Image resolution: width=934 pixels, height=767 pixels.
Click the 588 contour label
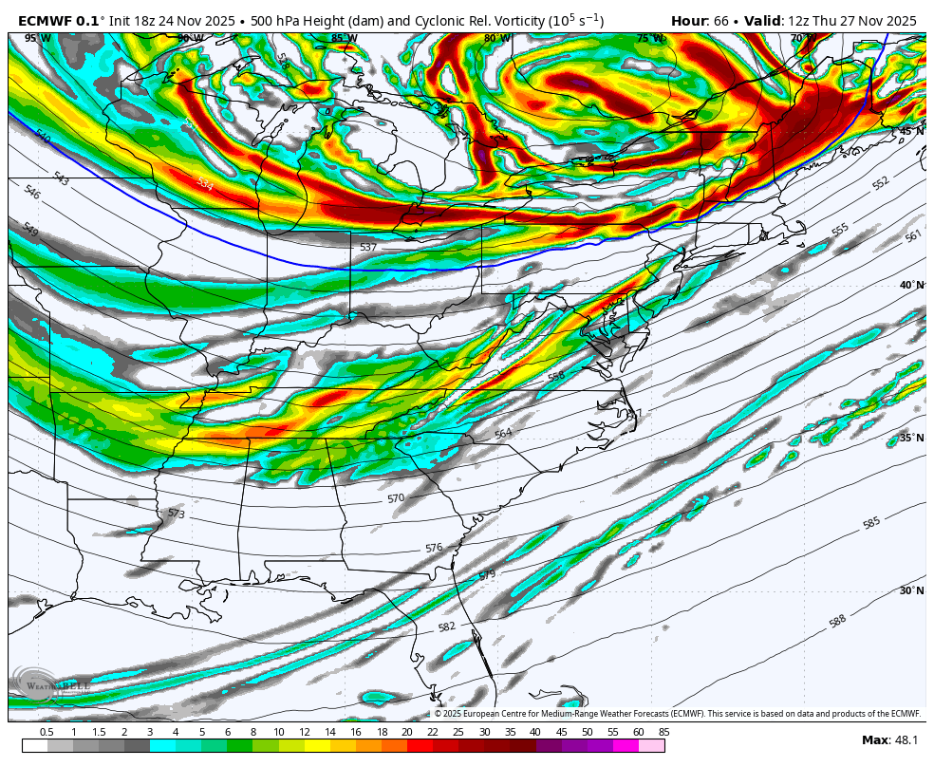[x=836, y=621]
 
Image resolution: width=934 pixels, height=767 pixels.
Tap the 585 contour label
[x=870, y=523]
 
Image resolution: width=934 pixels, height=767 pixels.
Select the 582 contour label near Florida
[x=447, y=627]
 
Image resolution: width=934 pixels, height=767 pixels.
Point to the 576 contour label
[x=434, y=548]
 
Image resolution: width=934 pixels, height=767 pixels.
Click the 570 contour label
[x=396, y=498]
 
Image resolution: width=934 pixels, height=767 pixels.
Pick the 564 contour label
[x=503, y=434]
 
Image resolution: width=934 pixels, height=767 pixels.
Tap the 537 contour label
[x=368, y=247]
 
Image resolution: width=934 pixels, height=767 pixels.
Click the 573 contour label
[x=176, y=514]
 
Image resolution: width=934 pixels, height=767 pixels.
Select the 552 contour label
[x=880, y=183]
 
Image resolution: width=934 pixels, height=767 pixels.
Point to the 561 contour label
[x=912, y=235]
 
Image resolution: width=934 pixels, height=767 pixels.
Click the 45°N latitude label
[x=911, y=131]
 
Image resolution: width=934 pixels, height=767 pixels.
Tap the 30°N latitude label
[x=911, y=590]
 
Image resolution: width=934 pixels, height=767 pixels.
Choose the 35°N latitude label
[x=911, y=438]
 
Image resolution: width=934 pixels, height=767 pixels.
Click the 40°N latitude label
[x=911, y=285]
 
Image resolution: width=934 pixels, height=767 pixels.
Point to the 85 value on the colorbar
[x=663, y=732]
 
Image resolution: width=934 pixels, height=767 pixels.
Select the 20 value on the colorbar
[x=406, y=732]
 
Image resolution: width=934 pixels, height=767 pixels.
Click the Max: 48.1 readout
[x=888, y=739]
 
